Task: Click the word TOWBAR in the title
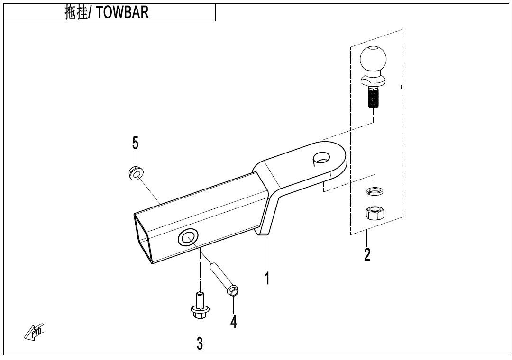click(122, 12)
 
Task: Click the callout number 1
click(267, 278)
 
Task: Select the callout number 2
click(367, 254)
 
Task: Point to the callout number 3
click(200, 343)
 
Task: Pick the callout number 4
click(233, 322)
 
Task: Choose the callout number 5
click(136, 143)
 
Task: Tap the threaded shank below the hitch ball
click(374, 99)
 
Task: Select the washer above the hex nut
click(375, 191)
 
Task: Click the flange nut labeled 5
click(136, 173)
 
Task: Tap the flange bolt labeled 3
click(200, 307)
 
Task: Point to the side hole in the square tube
click(188, 237)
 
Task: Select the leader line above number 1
click(267, 253)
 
